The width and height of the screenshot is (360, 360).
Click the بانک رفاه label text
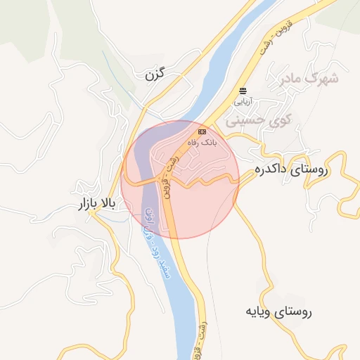click(x=202, y=142)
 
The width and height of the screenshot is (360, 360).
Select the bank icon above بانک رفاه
click(x=202, y=131)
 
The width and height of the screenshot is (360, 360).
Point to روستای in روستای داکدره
click(x=314, y=169)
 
